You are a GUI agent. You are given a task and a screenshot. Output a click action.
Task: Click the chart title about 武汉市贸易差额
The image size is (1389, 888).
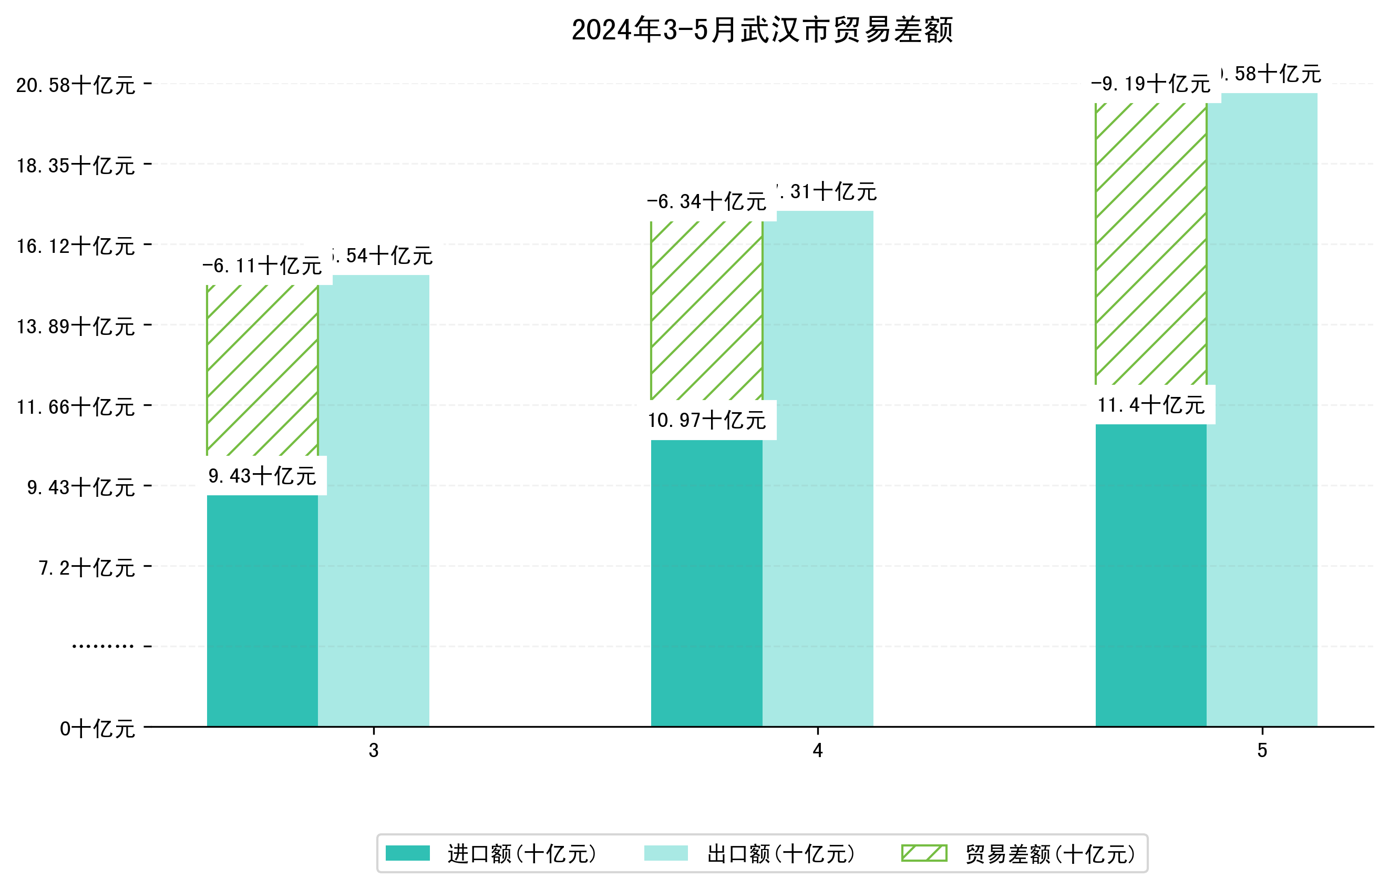pyautogui.click(x=762, y=30)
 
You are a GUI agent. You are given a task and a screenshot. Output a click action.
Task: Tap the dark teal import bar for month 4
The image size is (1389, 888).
pyautogui.click(x=707, y=583)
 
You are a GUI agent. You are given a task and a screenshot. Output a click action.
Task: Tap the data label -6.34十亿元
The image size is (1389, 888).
pyautogui.click(x=707, y=202)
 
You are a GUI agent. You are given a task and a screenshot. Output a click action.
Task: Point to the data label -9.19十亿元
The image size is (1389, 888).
pyautogui.click(x=1151, y=84)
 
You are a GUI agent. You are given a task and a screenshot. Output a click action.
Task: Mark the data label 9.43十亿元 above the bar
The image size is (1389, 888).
pyautogui.click(x=262, y=476)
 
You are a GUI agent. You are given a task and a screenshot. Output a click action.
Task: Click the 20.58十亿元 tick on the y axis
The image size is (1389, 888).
pyautogui.click(x=76, y=85)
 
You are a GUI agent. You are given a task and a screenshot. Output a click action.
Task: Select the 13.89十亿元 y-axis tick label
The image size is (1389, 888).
pyautogui.click(x=76, y=326)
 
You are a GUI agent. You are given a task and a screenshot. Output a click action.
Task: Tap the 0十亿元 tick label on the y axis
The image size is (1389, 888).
pyautogui.click(x=97, y=729)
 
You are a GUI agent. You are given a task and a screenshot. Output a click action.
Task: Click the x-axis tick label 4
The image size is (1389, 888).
pyautogui.click(x=817, y=750)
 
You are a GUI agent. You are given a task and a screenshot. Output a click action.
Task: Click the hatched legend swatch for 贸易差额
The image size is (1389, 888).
pyautogui.click(x=924, y=853)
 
